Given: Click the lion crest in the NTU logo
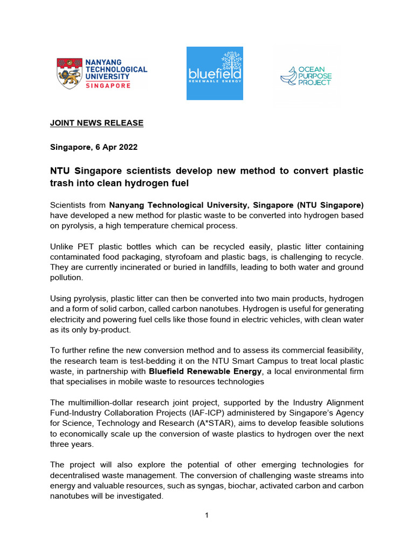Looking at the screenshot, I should [x=70, y=74].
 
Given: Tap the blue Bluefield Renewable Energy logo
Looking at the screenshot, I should [x=215, y=73].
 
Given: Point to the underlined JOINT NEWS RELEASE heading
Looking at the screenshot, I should [x=96, y=123].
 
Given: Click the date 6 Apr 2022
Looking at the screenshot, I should [x=115, y=147].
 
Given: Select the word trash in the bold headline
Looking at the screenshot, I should [x=61, y=183].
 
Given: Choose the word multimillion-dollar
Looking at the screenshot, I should [x=104, y=403].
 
